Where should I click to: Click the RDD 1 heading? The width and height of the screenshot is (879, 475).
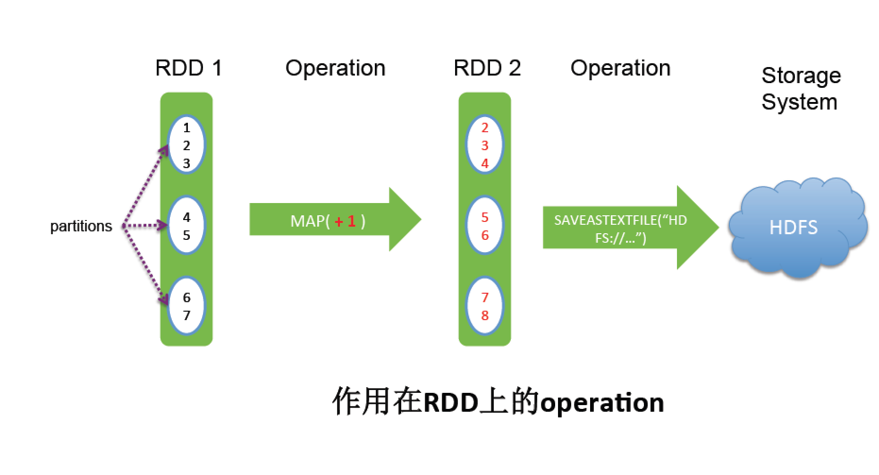coord(188,68)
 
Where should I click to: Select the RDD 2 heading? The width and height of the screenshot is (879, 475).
coord(487,68)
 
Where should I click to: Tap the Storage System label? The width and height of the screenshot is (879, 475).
coord(801,89)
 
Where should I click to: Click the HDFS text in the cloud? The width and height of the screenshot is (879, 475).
coord(793,228)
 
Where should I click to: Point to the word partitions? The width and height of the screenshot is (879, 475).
coord(81,226)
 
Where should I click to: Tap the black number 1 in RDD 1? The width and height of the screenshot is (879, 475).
coord(186,127)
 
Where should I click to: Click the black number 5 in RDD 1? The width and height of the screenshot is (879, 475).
coord(186,235)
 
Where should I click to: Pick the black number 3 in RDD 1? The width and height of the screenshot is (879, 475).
coord(186,163)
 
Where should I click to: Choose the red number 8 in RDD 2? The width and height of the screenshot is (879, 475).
coord(485,315)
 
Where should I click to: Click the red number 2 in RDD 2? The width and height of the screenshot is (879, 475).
coord(485,127)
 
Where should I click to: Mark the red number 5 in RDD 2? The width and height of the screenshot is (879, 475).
coord(485,217)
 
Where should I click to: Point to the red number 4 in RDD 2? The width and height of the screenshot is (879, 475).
coord(485,163)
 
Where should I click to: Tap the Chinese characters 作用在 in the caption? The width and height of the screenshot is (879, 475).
coord(377,402)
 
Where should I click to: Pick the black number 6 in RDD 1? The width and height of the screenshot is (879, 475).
coord(186,297)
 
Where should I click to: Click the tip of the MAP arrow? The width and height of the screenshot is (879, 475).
coord(421,219)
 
